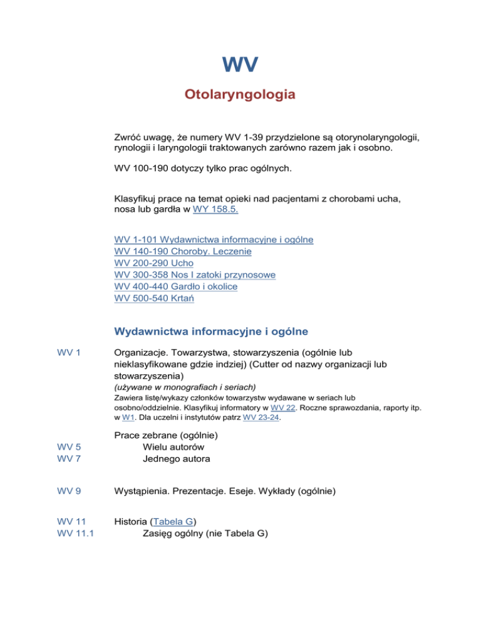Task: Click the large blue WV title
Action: (240, 65)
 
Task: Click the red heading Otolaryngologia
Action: (240, 96)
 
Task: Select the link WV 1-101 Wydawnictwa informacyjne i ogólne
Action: (214, 239)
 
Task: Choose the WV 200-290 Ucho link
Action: (155, 263)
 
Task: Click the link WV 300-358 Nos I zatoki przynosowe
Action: (195, 275)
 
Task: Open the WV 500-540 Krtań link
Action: (155, 298)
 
